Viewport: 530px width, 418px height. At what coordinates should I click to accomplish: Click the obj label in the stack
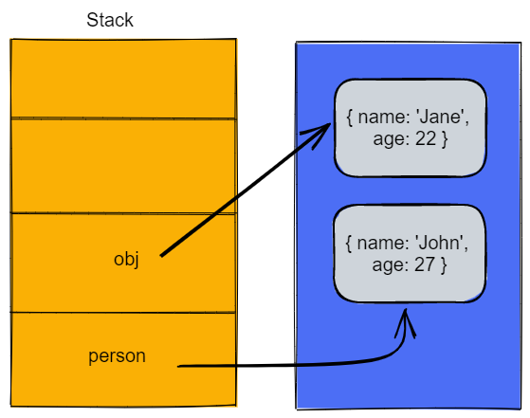[x=126, y=259]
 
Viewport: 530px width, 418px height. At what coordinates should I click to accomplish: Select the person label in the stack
[x=117, y=357]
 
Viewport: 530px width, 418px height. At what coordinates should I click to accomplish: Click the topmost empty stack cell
[x=122, y=78]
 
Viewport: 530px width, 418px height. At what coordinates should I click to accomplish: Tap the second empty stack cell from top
[x=122, y=167]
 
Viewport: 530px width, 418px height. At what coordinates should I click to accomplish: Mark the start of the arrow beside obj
[x=162, y=254]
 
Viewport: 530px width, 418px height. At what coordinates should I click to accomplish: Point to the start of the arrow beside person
[x=180, y=365]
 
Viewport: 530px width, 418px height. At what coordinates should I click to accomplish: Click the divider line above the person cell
[x=122, y=312]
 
